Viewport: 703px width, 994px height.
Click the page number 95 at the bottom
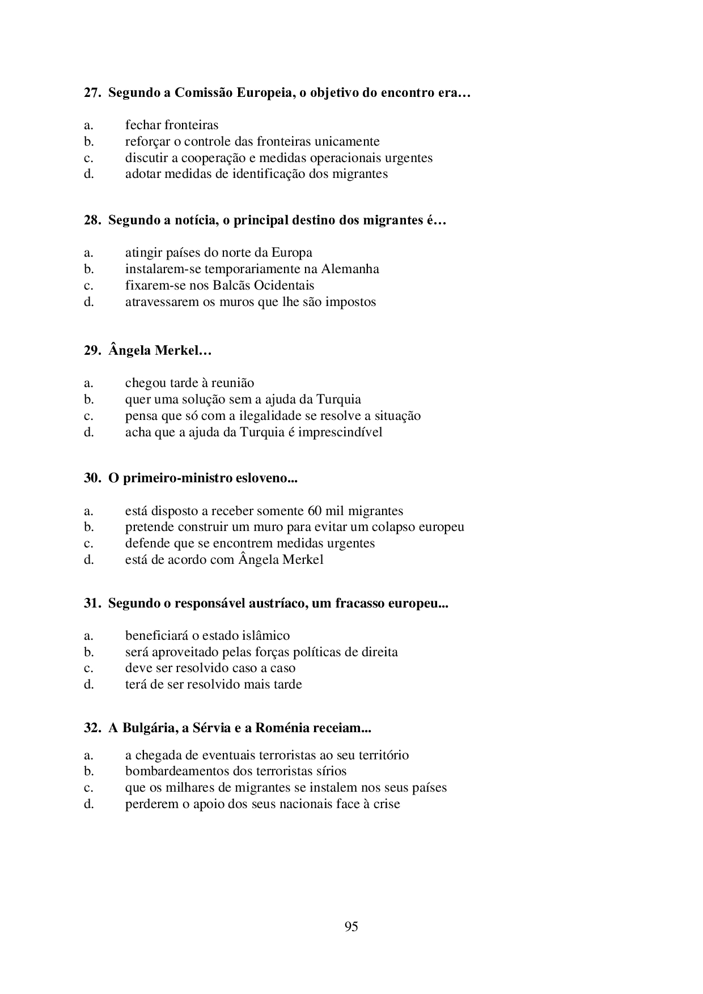click(x=351, y=927)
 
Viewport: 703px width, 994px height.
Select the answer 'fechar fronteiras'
click(x=171, y=125)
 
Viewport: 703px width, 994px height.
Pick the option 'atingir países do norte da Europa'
click(x=218, y=253)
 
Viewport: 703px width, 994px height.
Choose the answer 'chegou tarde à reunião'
click(x=189, y=383)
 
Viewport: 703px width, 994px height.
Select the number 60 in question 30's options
click(x=315, y=511)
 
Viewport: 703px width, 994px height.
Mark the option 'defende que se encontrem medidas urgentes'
click(x=250, y=543)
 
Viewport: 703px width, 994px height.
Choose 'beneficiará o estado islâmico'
click(x=207, y=636)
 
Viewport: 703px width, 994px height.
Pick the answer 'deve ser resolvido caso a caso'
click(x=210, y=668)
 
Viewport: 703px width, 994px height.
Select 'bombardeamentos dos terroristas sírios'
click(x=236, y=771)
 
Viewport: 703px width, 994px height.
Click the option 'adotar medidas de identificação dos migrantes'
click(x=256, y=174)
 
